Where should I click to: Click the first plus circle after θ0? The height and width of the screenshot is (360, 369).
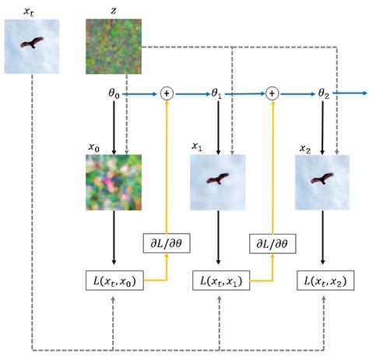(166, 94)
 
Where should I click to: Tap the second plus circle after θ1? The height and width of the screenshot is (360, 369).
(272, 94)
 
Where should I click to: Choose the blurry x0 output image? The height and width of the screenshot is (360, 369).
(114, 182)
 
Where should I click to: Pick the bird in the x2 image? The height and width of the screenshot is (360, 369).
(322, 180)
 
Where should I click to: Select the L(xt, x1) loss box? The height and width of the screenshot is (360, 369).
(220, 280)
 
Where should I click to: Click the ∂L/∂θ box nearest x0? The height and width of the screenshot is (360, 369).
(165, 243)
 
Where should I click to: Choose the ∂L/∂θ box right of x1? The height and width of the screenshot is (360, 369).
(272, 243)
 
